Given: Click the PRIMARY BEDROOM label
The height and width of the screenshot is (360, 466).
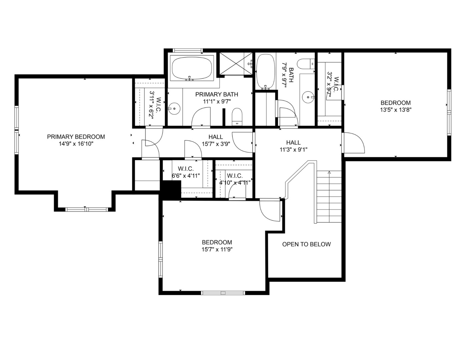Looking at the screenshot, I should (x=76, y=137).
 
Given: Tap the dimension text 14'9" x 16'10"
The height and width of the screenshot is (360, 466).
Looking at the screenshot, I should (x=76, y=144).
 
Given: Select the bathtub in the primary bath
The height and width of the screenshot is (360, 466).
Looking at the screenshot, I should (x=192, y=68).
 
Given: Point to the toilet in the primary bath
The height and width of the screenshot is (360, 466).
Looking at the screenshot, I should (x=237, y=116).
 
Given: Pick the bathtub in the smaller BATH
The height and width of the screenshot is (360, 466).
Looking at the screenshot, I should (x=266, y=71).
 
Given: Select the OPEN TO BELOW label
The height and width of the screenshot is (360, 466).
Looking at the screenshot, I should (x=306, y=244).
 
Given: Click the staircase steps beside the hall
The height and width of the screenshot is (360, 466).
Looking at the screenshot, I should (x=329, y=197).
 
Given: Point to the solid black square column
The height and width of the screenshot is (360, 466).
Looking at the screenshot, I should (x=171, y=190).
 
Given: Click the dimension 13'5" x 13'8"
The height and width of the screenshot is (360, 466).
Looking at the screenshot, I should (x=396, y=110).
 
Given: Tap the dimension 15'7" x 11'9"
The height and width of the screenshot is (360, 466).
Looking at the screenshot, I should (x=217, y=249).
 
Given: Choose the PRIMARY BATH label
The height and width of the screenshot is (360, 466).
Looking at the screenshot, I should (x=217, y=94).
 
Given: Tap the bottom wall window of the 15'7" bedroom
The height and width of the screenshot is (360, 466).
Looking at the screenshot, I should (x=223, y=293).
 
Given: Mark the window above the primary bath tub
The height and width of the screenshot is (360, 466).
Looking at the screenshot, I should (x=188, y=50).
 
